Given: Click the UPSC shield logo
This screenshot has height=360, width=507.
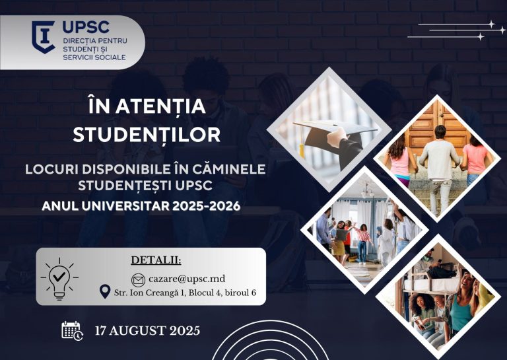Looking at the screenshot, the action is tap(44, 37).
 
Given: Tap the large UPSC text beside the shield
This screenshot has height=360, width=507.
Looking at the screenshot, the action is tap(86, 27).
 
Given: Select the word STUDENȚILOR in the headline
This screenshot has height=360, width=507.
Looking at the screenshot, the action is tap(147, 135).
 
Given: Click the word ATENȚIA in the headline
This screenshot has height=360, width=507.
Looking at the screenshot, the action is tap(160, 106).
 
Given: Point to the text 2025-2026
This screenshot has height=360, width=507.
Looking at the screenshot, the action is tap(206, 206).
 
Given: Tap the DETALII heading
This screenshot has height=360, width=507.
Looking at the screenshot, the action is tap(156, 260).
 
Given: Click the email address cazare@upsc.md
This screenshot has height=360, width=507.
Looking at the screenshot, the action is tap(187, 279).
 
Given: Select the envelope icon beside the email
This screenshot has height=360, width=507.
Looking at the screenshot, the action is tap(138, 280).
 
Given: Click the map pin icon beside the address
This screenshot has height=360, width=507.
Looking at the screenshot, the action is tap(105, 292).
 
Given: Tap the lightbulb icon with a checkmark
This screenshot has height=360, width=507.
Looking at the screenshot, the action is tap(59, 279).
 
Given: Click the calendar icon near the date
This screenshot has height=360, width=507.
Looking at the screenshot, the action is tap(72, 330).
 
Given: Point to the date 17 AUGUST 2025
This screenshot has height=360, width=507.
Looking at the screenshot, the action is tap(147, 331).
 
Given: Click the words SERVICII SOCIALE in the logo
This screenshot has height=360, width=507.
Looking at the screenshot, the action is tap(94, 57).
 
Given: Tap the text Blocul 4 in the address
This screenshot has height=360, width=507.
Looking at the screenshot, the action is tap(205, 293).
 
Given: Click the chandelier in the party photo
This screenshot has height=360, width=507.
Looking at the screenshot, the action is tap(367, 191).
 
